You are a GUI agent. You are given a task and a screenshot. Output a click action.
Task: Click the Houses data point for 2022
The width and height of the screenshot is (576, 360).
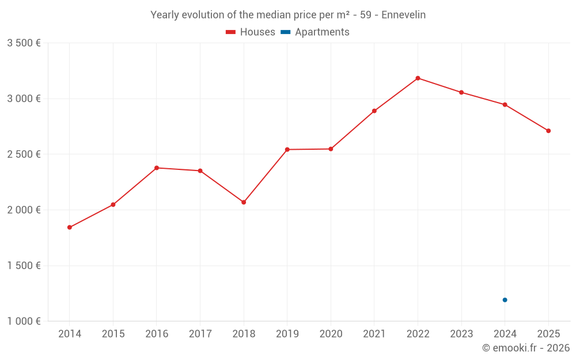point(418,78)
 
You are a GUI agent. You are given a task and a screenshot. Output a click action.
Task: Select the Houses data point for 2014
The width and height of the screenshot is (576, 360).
point(70,228)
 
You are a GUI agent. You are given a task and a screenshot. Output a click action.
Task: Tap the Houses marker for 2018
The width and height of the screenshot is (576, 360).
point(244,202)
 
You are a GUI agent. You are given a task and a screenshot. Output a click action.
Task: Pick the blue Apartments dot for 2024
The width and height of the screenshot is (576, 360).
point(505,300)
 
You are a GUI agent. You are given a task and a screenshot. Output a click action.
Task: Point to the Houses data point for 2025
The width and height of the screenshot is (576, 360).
point(548,131)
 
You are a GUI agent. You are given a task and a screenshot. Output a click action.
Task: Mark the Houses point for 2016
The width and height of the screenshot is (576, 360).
point(157,168)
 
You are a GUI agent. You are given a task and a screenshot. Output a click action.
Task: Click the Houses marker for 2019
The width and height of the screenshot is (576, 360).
point(287,150)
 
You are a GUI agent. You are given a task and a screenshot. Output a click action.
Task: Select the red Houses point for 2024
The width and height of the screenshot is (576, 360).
point(505,104)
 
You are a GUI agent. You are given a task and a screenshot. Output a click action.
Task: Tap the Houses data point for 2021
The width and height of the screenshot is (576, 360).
point(374,111)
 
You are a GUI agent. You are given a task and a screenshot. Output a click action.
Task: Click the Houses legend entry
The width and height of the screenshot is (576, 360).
point(251,32)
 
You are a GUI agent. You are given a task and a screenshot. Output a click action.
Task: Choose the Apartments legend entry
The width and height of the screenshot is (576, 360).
point(315,32)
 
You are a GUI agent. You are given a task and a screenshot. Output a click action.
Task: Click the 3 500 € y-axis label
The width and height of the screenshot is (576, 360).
point(24,43)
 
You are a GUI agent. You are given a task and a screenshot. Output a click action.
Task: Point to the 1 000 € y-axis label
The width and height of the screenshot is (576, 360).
point(24,321)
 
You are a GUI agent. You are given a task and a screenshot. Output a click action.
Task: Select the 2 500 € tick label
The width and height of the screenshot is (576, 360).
point(24,154)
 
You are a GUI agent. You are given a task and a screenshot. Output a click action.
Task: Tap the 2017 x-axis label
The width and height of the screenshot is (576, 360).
point(200,334)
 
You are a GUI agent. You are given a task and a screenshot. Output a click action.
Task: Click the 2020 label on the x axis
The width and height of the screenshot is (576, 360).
point(331,334)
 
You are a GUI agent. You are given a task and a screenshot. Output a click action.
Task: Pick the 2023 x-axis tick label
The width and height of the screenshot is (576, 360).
point(461,334)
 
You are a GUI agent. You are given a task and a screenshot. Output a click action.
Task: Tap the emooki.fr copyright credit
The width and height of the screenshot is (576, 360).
point(526,348)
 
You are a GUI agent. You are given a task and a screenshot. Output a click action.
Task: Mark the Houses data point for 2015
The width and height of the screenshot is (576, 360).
point(113,204)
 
